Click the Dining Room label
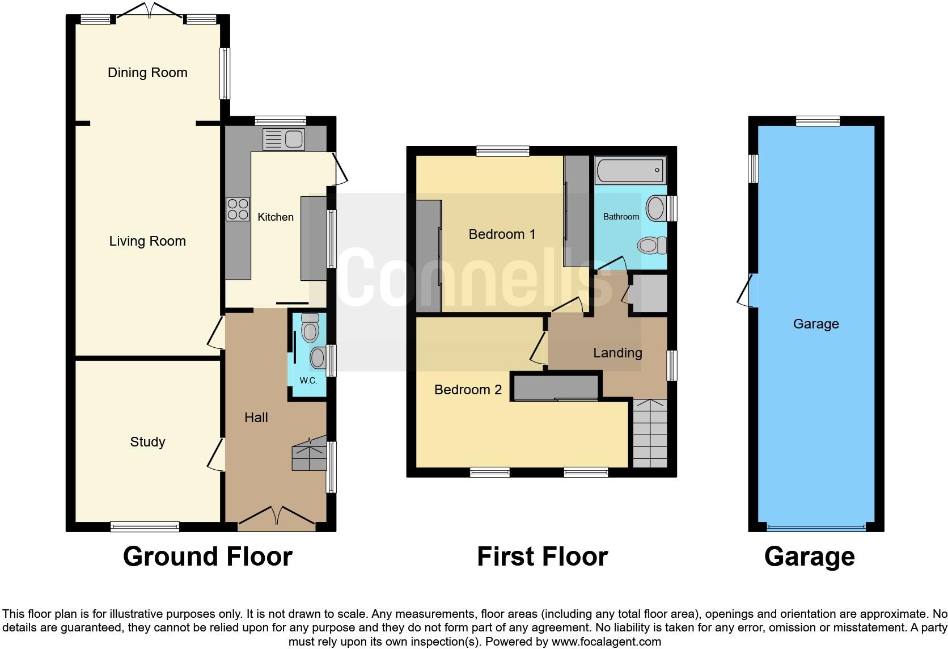[147, 73]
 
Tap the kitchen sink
[284, 139]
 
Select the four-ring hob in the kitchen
[238, 208]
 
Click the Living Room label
[147, 241]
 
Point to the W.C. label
[308, 381]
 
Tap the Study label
[147, 442]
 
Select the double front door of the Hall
[276, 517]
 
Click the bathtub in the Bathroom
[629, 170]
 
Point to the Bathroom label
[621, 217]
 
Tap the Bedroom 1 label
[502, 234]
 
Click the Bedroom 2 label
[468, 390]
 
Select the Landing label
[617, 353]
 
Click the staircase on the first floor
[650, 434]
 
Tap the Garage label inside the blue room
[815, 324]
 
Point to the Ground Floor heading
[208, 557]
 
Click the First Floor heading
[542, 557]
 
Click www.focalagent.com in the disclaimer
[606, 642]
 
